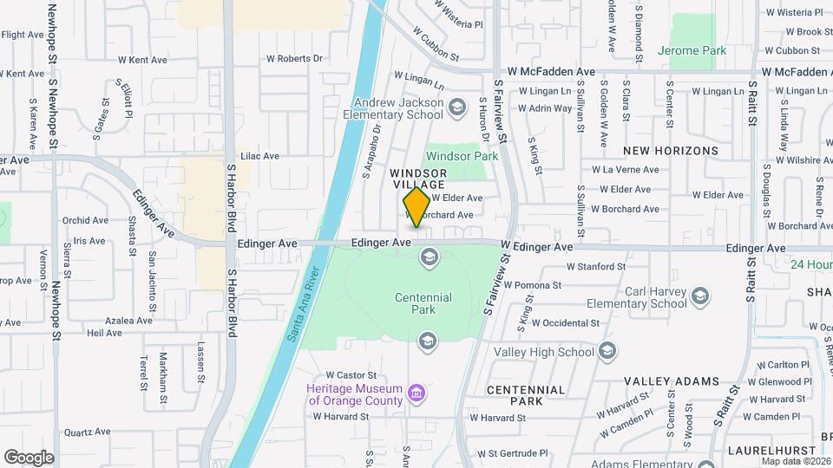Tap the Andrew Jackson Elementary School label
(392, 107)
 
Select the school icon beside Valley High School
(607, 351)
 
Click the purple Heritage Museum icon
(417, 394)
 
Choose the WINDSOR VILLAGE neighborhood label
(417, 179)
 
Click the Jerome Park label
(692, 51)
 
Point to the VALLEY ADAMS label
(672, 381)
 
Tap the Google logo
(29, 458)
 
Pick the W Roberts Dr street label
(294, 59)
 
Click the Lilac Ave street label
(259, 156)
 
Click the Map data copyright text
(794, 461)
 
